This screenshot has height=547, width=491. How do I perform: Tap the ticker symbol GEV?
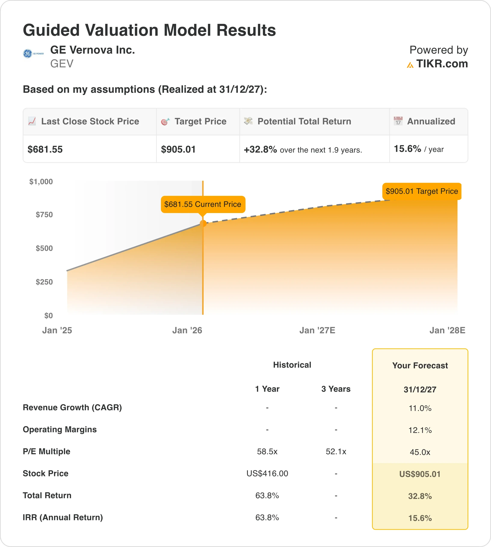pyautogui.click(x=62, y=64)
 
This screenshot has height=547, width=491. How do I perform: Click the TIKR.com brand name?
pyautogui.click(x=442, y=64)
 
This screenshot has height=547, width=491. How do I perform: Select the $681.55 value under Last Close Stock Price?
pyautogui.click(x=45, y=149)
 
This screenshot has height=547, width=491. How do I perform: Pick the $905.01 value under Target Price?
pyautogui.click(x=178, y=149)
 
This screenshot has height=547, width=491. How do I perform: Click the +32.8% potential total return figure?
pyautogui.click(x=260, y=149)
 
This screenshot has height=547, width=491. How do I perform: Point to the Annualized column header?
pyautogui.click(x=431, y=121)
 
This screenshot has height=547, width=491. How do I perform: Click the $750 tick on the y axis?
pyautogui.click(x=44, y=215)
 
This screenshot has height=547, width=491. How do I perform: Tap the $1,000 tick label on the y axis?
pyautogui.click(x=41, y=182)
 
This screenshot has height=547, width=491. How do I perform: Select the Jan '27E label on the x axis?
pyautogui.click(x=317, y=330)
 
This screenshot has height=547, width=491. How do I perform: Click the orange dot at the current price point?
pyautogui.click(x=203, y=223)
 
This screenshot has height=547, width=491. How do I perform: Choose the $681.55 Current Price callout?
pyautogui.click(x=203, y=204)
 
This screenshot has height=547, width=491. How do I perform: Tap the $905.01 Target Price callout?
pyautogui.click(x=422, y=191)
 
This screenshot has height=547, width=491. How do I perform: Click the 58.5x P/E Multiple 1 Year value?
pyautogui.click(x=267, y=451)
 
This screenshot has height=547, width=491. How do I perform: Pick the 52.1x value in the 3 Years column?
pyautogui.click(x=336, y=451)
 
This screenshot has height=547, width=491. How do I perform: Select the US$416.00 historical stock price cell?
pyautogui.click(x=267, y=473)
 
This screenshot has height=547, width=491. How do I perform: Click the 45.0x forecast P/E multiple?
pyautogui.click(x=420, y=452)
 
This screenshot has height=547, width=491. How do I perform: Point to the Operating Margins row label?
pyautogui.click(x=60, y=429)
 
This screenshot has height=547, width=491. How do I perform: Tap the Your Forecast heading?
pyautogui.click(x=420, y=366)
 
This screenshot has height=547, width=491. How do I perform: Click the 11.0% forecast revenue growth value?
pyautogui.click(x=420, y=408)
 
